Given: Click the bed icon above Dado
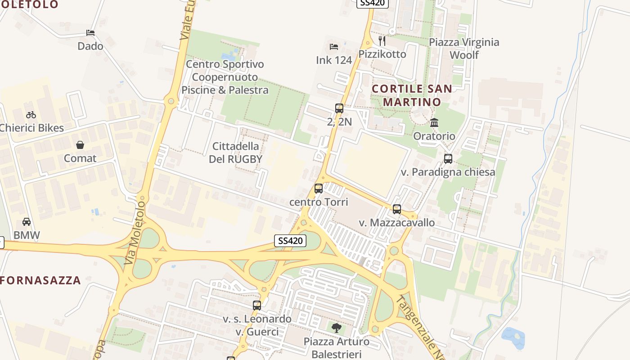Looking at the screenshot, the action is (x=90, y=33).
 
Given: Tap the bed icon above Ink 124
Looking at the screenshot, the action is (x=333, y=47).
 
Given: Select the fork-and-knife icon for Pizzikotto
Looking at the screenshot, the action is (x=382, y=41).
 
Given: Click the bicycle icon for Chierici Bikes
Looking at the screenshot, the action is (x=31, y=115).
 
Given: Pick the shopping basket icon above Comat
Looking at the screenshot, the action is (x=80, y=145).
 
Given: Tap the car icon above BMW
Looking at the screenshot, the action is (x=27, y=222).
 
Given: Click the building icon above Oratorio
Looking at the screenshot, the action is (x=434, y=122).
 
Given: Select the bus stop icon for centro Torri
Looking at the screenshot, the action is (x=319, y=189).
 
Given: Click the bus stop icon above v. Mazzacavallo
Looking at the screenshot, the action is (x=396, y=209).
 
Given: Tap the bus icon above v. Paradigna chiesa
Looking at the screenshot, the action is (x=448, y=159).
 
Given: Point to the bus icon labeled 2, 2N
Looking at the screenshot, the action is (x=339, y=108).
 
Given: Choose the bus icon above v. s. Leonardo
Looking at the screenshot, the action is (x=257, y=306).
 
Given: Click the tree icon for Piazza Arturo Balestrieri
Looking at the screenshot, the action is (x=336, y=328).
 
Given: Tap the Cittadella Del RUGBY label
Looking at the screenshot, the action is (x=235, y=153).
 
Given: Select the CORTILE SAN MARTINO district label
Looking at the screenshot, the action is (x=412, y=95).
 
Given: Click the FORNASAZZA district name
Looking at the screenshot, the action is (x=40, y=280).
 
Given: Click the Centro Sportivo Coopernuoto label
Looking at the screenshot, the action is (x=225, y=77).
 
